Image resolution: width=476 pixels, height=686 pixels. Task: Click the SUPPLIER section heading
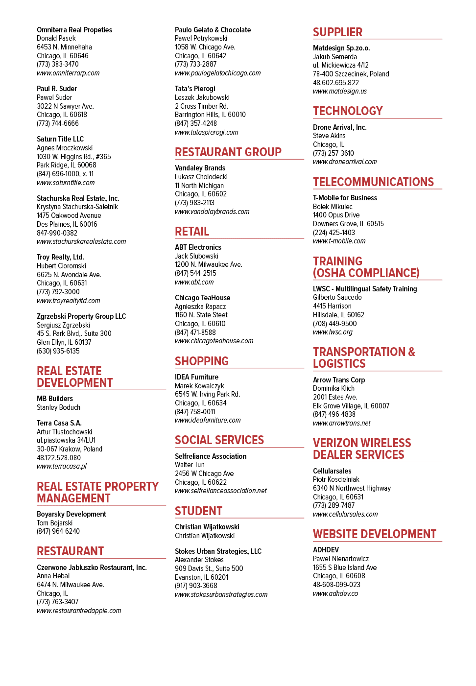[x=337, y=32]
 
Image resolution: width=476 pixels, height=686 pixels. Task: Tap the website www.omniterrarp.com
[x=68, y=73]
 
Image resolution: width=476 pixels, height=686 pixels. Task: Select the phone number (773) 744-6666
[x=58, y=123]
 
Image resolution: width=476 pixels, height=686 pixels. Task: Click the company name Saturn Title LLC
[x=60, y=139]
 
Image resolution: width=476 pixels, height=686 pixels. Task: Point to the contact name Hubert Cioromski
[x=61, y=266]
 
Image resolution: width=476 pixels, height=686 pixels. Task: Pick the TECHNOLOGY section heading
[x=348, y=111]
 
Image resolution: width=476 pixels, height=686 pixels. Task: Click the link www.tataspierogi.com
[x=206, y=132]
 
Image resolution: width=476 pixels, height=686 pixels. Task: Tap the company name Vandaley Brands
[x=200, y=168]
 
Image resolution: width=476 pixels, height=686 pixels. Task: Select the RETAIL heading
[x=192, y=231]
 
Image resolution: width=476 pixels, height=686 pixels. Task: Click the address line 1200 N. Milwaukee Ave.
[x=208, y=264]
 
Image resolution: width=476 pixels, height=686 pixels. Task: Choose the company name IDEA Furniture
[x=196, y=377]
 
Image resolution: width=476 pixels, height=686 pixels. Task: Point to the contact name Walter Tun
[x=190, y=465]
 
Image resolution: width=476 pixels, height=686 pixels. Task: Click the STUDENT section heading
[x=198, y=511]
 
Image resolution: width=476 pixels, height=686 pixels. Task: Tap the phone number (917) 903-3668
[x=196, y=586]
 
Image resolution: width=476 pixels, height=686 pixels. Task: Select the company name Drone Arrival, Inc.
[x=339, y=127]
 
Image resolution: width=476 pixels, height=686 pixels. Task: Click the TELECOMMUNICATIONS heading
[x=373, y=182]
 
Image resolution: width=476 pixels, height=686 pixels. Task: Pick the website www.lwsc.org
[x=333, y=332]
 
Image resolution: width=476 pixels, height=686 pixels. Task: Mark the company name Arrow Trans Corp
[x=339, y=380]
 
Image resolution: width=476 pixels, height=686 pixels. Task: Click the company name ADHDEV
[x=326, y=550]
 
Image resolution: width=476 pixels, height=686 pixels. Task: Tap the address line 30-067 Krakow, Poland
[x=69, y=449]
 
